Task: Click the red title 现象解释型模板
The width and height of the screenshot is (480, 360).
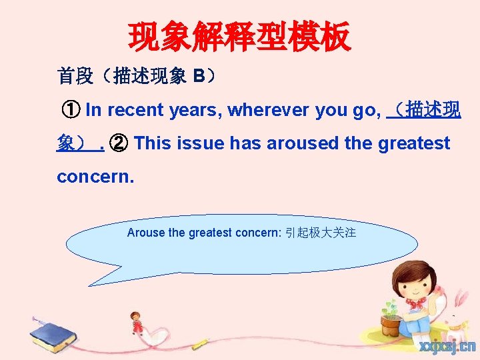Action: click(x=239, y=37)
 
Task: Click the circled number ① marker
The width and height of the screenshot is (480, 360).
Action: click(x=70, y=110)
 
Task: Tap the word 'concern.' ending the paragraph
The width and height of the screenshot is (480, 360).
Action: click(x=95, y=177)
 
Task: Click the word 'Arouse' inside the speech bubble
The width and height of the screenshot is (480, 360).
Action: click(x=144, y=233)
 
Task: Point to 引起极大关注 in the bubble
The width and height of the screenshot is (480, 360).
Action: click(x=320, y=233)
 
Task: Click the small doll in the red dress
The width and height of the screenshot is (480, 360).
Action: click(x=136, y=324)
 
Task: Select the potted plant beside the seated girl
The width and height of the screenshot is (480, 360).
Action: click(x=391, y=317)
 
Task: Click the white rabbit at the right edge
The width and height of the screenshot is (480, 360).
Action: click(x=460, y=320)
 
